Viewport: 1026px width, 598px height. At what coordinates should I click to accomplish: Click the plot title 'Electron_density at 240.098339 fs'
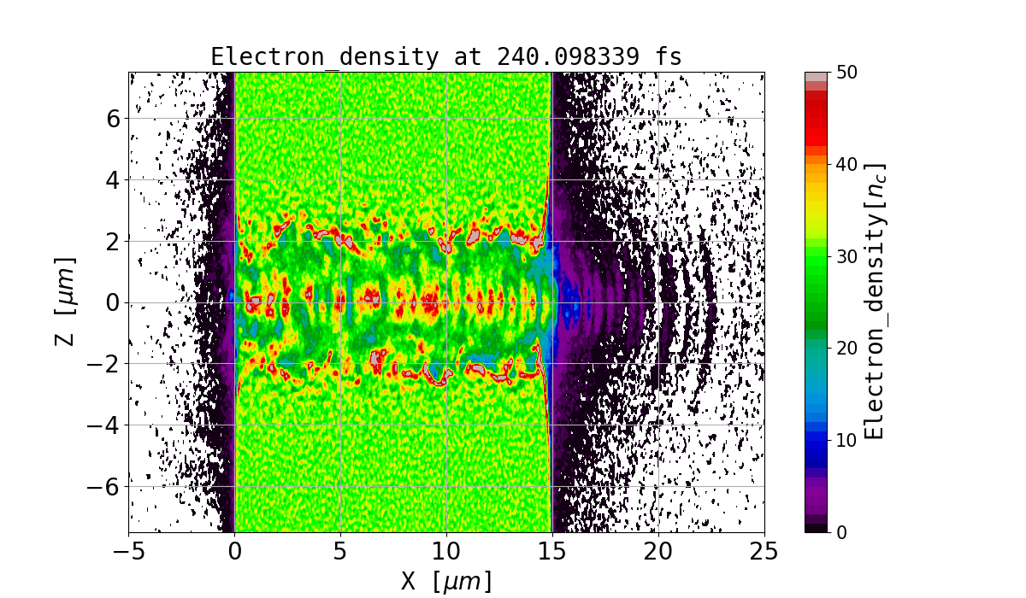click(x=446, y=57)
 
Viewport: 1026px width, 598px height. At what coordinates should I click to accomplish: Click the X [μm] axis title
click(x=446, y=581)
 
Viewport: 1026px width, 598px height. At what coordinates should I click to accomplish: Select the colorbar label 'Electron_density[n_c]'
click(x=875, y=302)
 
